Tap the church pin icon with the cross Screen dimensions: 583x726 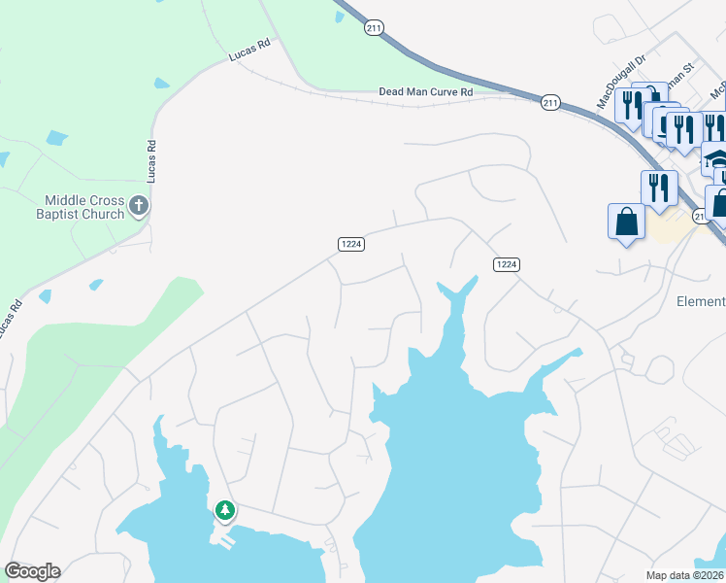[x=139, y=206]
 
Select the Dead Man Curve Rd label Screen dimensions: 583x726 [x=425, y=92]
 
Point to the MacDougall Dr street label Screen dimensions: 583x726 [x=621, y=82]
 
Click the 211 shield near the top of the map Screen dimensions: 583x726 [x=375, y=28]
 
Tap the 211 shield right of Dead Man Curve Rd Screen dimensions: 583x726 [x=550, y=102]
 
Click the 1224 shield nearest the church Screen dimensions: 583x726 [x=351, y=244]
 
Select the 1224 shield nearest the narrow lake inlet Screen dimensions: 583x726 [x=507, y=264]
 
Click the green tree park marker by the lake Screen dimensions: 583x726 [x=225, y=509]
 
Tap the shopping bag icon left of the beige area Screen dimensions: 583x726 [x=626, y=221]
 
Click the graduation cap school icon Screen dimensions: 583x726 [x=714, y=157]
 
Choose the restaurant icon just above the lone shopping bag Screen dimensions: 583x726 [x=658, y=188]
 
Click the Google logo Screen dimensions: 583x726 [x=32, y=571]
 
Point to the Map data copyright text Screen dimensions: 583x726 [x=684, y=575]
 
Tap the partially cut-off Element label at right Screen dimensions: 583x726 [x=700, y=301]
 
